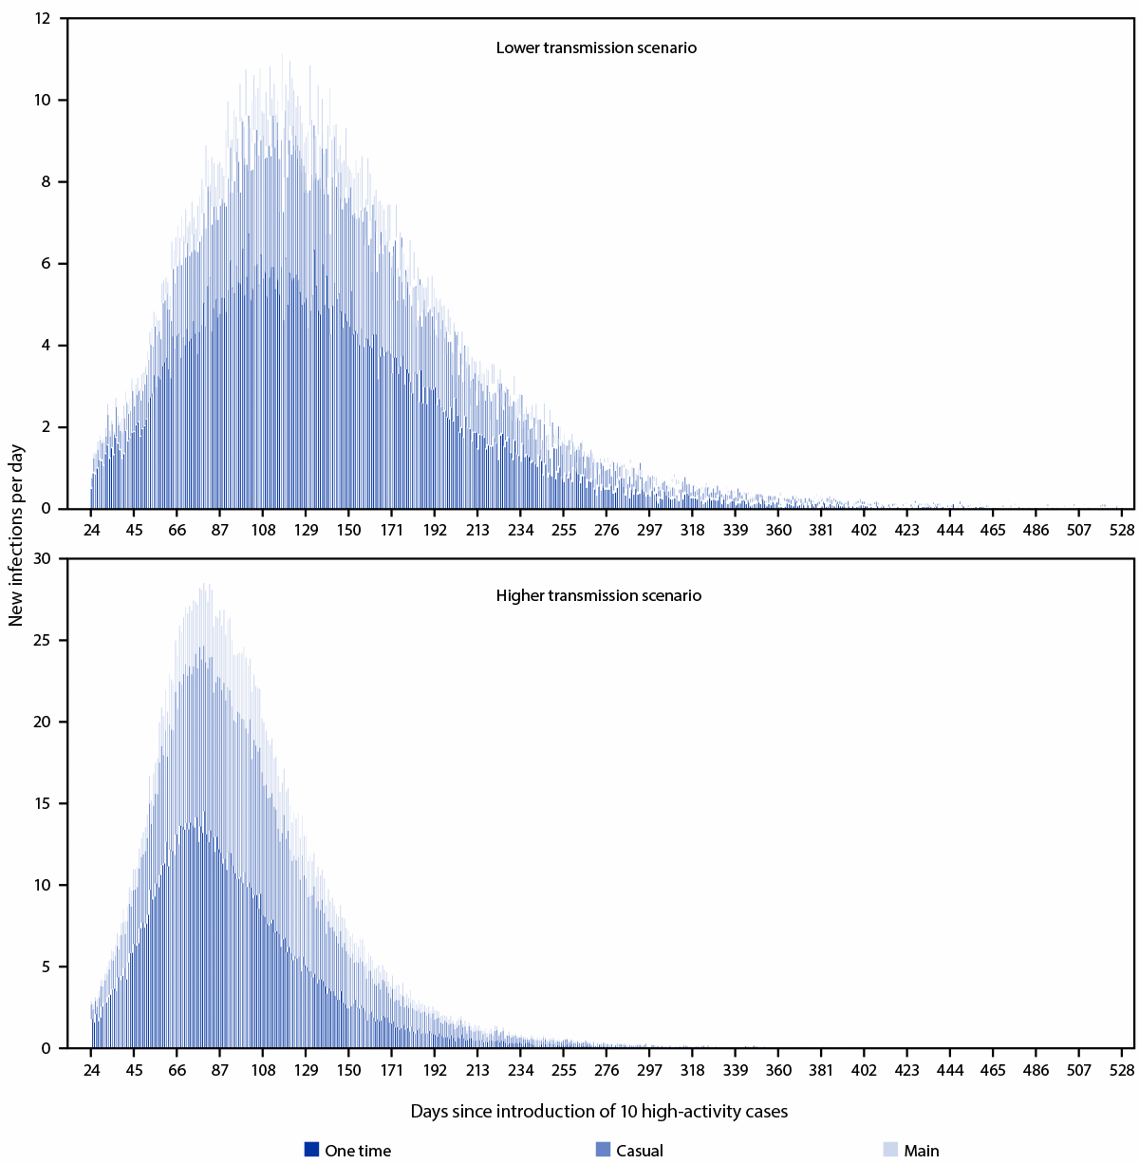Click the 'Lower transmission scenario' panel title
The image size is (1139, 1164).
tap(596, 47)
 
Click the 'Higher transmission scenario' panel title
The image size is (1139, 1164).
tap(598, 596)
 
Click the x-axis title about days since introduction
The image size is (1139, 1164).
tap(599, 1111)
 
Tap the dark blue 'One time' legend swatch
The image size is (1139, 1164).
tap(311, 1149)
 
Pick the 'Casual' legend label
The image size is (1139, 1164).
tap(639, 1151)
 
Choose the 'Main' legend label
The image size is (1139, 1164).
tap(921, 1151)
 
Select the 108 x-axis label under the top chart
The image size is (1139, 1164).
tap(263, 530)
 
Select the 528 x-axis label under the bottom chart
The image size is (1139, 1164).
tap(1122, 1070)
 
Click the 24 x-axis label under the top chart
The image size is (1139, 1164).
tap(91, 530)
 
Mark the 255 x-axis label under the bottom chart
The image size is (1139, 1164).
tap(564, 1070)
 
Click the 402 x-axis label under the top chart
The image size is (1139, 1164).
tap(864, 530)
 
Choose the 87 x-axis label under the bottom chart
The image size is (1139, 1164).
tap(220, 1070)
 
